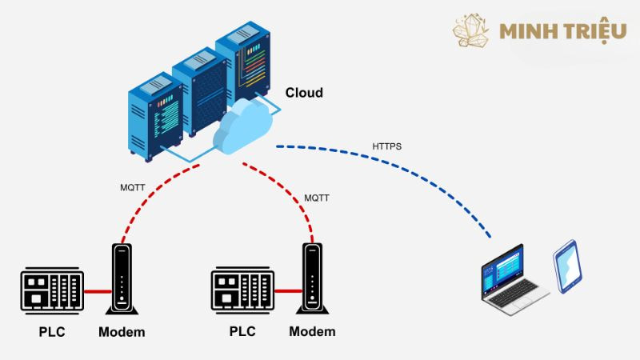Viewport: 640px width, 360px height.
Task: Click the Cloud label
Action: click(304, 93)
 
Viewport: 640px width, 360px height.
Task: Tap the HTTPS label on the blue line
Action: click(386, 147)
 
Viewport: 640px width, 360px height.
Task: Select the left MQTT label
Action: click(133, 190)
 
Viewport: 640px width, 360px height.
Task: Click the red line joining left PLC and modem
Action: click(97, 292)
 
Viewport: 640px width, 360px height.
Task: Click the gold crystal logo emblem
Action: click(471, 30)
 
